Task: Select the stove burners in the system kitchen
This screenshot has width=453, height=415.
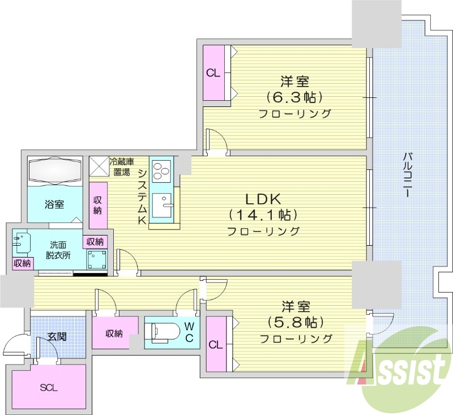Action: click(161, 170)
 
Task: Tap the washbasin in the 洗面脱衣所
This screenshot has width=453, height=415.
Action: click(21, 242)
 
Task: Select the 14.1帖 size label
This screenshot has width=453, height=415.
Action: click(263, 215)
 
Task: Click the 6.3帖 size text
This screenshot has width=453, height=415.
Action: click(295, 96)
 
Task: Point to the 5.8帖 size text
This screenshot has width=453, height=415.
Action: click(296, 322)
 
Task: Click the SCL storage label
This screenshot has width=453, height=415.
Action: click(49, 388)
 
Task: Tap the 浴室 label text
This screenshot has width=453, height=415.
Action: click(54, 204)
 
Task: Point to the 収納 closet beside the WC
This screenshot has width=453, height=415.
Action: click(114, 333)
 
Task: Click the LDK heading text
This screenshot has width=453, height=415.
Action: click(263, 199)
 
